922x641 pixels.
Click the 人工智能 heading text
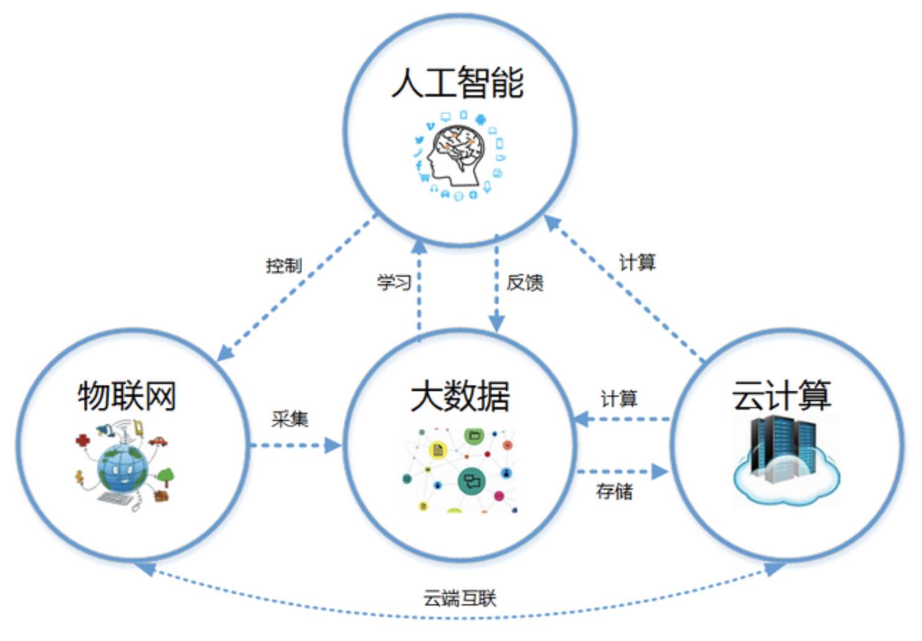(457, 82)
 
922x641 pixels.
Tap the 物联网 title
(127, 396)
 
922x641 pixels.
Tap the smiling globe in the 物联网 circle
(122, 468)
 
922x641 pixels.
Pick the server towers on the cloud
(783, 449)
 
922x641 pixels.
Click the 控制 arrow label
(284, 265)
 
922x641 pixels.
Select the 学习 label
(395, 282)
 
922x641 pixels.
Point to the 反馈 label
(525, 283)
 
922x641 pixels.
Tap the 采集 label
(290, 419)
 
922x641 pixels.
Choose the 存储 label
(614, 491)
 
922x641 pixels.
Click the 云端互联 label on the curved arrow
(460, 598)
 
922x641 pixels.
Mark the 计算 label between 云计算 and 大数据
(619, 399)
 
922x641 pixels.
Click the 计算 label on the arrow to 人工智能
(637, 262)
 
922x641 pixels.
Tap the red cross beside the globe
(83, 440)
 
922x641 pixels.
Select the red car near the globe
(158, 441)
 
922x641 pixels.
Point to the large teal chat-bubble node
(472, 481)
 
